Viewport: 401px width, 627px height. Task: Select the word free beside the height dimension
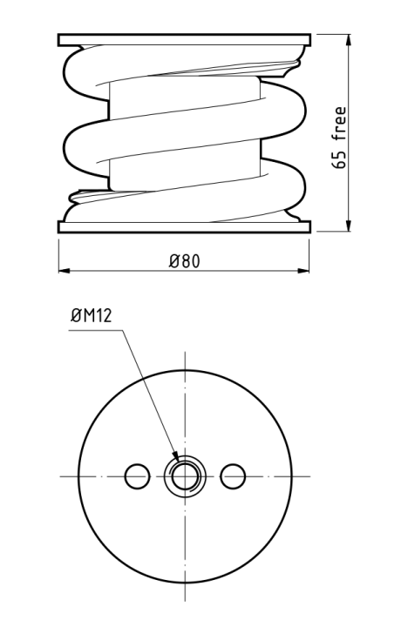point(340,125)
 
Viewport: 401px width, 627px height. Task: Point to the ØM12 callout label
point(92,319)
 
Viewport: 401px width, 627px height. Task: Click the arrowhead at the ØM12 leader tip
point(176,458)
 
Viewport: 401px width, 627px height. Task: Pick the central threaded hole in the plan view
point(184,475)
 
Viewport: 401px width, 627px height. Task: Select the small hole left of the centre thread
point(137,475)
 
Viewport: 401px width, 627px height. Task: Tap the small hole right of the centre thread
point(232,475)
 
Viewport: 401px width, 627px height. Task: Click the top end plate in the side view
point(184,39)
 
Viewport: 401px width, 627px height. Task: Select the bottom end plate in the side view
point(184,227)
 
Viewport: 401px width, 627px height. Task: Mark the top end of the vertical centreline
point(184,352)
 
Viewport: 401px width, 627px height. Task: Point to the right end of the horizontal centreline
point(306,475)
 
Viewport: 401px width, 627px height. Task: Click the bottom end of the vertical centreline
point(184,601)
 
